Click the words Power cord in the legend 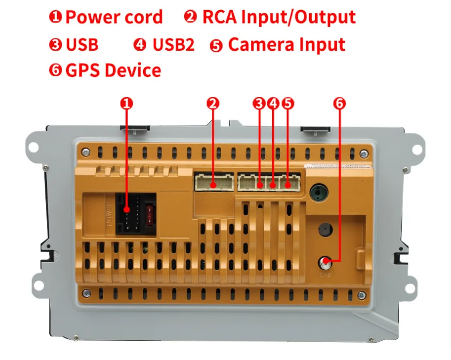[x=114, y=18]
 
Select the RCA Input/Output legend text [x=279, y=17]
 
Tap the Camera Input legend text [x=287, y=45]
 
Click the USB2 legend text [x=173, y=45]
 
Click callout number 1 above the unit [x=126, y=103]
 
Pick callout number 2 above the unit [x=213, y=103]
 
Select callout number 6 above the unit [x=339, y=103]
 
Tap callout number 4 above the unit [x=273, y=103]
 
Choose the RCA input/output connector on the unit [x=214, y=183]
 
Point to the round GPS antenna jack [x=326, y=263]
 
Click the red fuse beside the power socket [x=150, y=215]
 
